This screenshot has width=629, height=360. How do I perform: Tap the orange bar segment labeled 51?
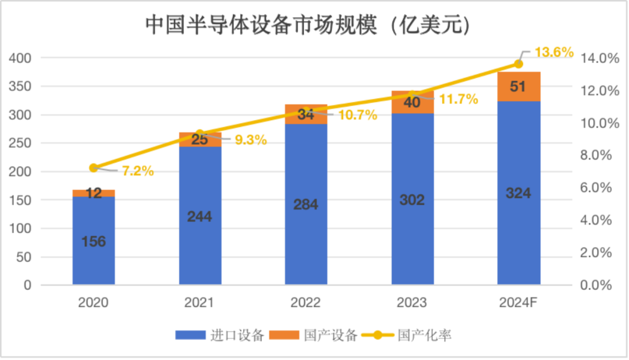pos(518,87)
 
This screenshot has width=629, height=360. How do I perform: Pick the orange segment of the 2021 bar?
pos(200,139)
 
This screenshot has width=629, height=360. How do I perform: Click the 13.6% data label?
pos(554,52)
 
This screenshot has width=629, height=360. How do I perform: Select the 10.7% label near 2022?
pos(357,115)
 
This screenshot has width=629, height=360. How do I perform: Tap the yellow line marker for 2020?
pos(94,168)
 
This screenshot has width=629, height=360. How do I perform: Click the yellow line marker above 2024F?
pos(518,63)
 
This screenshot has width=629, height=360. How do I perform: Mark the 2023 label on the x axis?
pos(412,303)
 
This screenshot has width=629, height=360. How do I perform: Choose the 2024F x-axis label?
pos(518,303)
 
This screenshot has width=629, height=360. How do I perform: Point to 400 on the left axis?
pos(20,58)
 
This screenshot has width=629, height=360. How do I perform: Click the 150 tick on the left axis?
pos(20,200)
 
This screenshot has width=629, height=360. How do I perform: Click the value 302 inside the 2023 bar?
pos(412,200)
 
